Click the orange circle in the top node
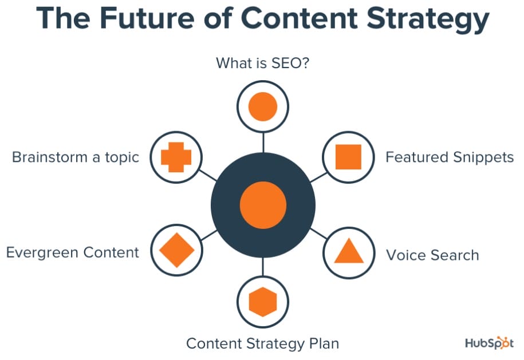[263, 106]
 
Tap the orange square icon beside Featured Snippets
[348, 157]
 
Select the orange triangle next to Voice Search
[349, 251]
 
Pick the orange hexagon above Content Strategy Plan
[263, 302]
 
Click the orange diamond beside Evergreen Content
[177, 250]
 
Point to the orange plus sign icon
[176, 157]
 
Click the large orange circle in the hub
[263, 205]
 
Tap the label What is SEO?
[263, 63]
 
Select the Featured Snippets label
[450, 157]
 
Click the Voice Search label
[432, 255]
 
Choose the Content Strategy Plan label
[263, 344]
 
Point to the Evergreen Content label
[73, 252]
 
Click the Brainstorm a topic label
[76, 157]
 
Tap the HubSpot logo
[489, 343]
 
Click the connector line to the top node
[263, 143]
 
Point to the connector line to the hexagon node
[263, 267]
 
